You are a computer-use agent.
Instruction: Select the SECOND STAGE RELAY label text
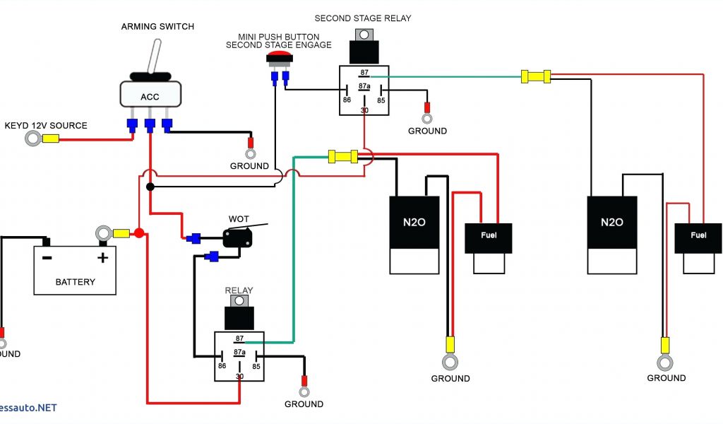pos(362,18)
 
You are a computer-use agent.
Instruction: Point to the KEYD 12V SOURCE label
pos(46,126)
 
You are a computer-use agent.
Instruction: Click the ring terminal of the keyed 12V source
pos(32,138)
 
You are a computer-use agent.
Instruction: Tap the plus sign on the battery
pos(102,257)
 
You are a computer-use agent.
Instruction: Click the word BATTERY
pos(75,282)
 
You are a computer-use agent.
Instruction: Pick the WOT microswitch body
pos(237,237)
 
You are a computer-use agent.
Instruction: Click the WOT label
pos(238,218)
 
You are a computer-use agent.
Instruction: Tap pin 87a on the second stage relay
pos(364,86)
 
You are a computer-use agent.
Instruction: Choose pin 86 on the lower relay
pos(222,366)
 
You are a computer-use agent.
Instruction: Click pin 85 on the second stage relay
pos(382,100)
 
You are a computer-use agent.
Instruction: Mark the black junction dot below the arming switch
pos(150,187)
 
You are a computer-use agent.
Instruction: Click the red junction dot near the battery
pos(139,233)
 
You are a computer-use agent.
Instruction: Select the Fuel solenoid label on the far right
pos(698,235)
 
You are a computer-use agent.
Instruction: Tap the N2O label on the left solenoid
pos(414,222)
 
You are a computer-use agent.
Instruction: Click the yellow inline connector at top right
pos(536,76)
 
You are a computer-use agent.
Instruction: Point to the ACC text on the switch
pos(150,97)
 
